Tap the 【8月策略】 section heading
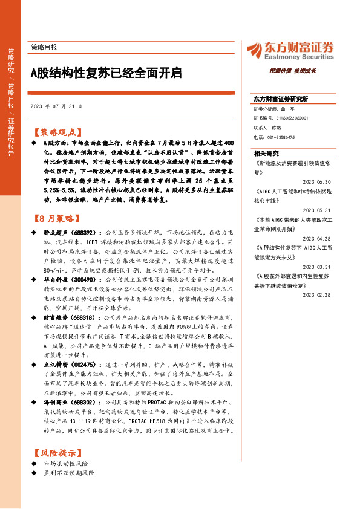click(55, 218)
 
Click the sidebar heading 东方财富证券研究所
click(281, 99)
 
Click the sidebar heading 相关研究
click(266, 154)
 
